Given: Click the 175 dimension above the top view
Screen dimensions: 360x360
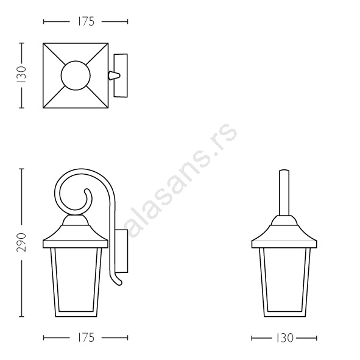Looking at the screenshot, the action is click(86, 21).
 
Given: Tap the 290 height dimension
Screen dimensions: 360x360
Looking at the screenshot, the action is click(22, 242).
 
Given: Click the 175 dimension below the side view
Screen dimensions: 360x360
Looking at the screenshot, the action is click(86, 337).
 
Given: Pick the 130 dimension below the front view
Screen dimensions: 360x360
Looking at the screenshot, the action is click(284, 338).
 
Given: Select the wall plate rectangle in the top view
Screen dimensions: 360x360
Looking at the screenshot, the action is click(121, 76).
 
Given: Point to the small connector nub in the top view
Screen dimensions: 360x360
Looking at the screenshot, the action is click(114, 76).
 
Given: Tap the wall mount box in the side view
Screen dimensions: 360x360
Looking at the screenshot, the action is click(122, 251).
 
